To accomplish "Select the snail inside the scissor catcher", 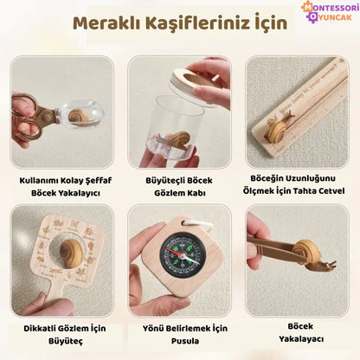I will [76, 117].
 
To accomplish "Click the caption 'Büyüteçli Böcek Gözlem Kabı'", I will [179, 189].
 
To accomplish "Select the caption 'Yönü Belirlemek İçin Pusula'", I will [179, 334].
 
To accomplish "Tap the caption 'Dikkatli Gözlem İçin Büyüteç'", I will [58, 334].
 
